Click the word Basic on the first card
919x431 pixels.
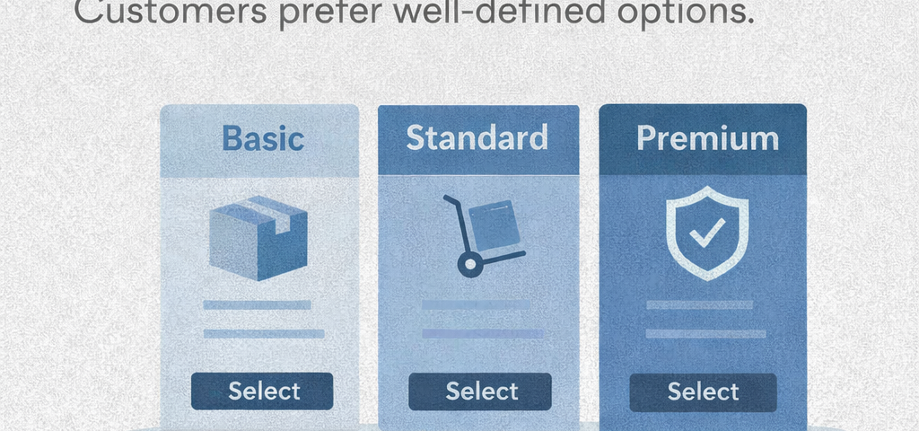[263, 138]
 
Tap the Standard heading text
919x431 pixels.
[477, 137]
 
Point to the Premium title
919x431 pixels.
[707, 139]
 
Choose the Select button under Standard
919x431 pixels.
[480, 391]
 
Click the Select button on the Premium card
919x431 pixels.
[703, 391]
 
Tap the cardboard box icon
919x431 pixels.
[258, 237]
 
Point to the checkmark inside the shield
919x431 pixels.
[707, 233]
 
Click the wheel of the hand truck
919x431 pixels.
[469, 265]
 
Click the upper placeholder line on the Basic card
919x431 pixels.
[257, 305]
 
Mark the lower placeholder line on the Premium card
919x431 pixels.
[705, 334]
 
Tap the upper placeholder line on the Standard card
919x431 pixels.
[476, 305]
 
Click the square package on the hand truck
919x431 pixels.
[494, 224]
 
